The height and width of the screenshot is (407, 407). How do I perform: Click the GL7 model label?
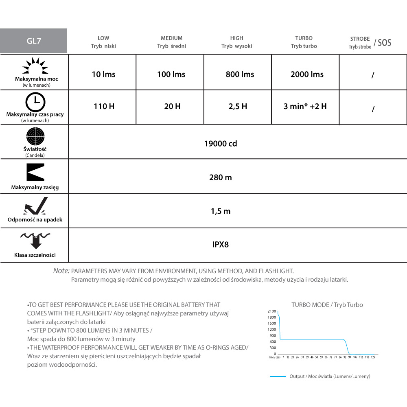point(33,41)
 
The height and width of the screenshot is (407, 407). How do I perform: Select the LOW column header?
point(103,42)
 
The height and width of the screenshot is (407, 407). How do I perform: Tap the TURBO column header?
point(304,42)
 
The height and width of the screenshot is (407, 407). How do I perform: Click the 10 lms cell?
point(103,74)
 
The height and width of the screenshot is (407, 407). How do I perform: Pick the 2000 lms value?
point(307,74)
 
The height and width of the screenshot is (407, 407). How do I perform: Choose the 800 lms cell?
point(240,74)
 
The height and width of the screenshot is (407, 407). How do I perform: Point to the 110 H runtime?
point(103,107)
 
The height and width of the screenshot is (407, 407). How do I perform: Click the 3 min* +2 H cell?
point(305,107)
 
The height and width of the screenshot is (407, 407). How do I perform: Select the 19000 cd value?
point(221,144)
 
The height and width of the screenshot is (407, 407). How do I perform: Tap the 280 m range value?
point(221,177)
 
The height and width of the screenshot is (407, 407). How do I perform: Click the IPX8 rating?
point(221,245)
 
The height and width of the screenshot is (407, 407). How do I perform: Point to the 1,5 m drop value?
point(221,211)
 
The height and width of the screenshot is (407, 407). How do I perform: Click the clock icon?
point(35,102)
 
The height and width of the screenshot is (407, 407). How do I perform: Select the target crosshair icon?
point(35,136)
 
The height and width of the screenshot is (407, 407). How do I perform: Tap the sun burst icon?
point(35,66)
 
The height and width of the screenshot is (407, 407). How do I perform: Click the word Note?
point(61,271)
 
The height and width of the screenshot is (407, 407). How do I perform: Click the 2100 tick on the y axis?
point(272,311)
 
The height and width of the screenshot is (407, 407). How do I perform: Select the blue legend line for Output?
point(278,376)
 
